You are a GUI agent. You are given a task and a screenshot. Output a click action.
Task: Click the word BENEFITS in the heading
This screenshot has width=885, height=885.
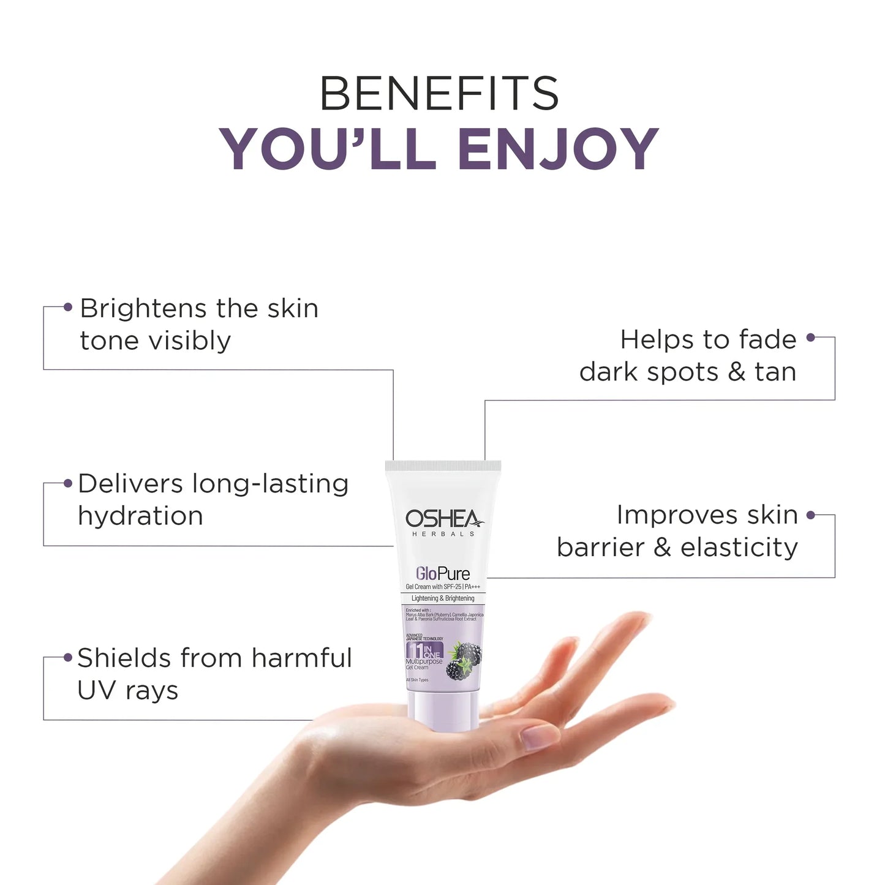click(x=439, y=94)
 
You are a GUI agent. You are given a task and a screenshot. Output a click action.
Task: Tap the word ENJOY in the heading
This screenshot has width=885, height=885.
click(x=558, y=149)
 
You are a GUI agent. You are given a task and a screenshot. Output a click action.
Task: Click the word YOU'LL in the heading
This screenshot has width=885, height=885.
click(x=328, y=149)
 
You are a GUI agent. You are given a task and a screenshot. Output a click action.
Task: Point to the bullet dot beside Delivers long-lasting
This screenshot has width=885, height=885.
click(x=67, y=483)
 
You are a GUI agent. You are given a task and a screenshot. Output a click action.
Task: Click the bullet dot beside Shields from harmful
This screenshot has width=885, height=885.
click(x=68, y=658)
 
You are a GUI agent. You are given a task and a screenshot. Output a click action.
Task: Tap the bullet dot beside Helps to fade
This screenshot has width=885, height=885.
click(x=811, y=337)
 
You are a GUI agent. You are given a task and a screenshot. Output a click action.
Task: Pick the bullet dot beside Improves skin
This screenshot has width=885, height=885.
click(x=811, y=515)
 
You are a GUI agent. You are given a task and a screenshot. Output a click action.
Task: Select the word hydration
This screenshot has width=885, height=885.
click(x=140, y=516)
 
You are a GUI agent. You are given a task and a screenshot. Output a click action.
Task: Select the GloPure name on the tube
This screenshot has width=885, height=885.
click(x=443, y=573)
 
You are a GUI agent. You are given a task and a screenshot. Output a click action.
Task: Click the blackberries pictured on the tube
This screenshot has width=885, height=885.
click(x=464, y=660)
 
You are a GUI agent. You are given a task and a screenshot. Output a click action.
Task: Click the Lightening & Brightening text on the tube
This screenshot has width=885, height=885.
click(x=443, y=598)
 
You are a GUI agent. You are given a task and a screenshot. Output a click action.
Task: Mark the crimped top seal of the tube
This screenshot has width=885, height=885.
click(x=443, y=466)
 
